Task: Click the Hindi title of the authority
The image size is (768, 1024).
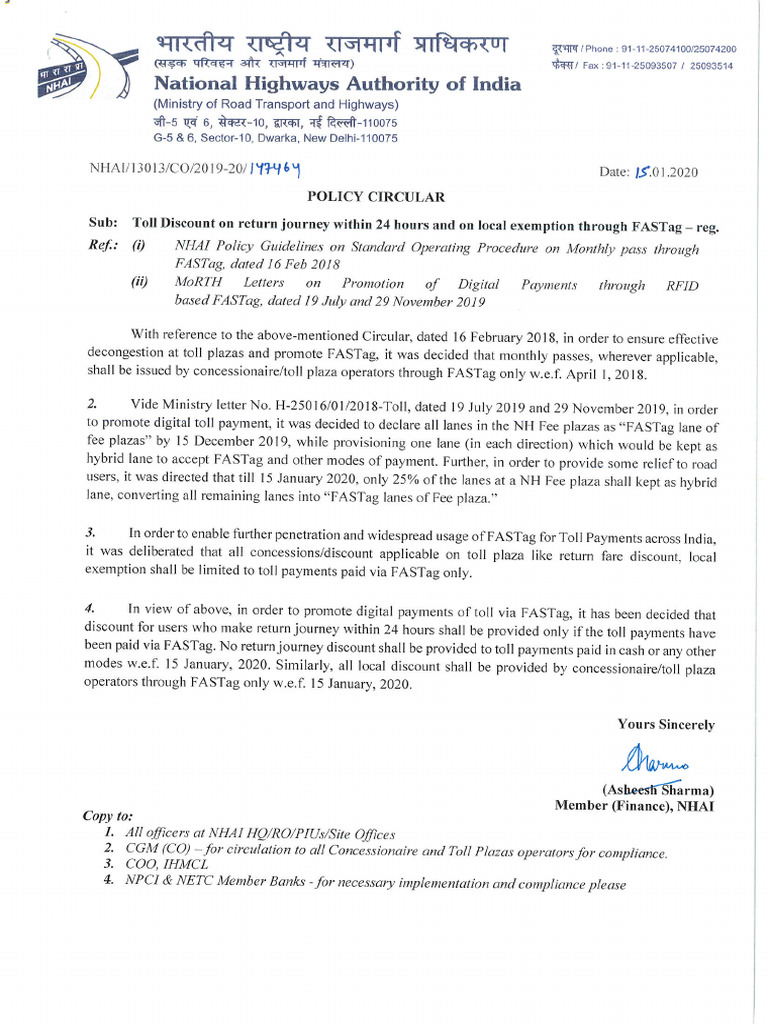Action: pyautogui.click(x=330, y=44)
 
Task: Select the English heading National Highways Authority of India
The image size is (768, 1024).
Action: pyautogui.click(x=336, y=84)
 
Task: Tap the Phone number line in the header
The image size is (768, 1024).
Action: pyautogui.click(x=643, y=48)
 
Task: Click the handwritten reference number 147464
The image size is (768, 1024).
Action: pyautogui.click(x=276, y=172)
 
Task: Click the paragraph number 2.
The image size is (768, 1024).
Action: pyautogui.click(x=92, y=403)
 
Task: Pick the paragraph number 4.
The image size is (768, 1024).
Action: pyautogui.click(x=92, y=607)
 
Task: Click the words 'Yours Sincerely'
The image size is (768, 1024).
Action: pyautogui.click(x=665, y=724)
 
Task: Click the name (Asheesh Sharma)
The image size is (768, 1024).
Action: pyautogui.click(x=657, y=789)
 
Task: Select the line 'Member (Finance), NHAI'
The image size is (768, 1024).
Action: pyautogui.click(x=634, y=806)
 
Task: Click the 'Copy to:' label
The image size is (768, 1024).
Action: pyautogui.click(x=107, y=816)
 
